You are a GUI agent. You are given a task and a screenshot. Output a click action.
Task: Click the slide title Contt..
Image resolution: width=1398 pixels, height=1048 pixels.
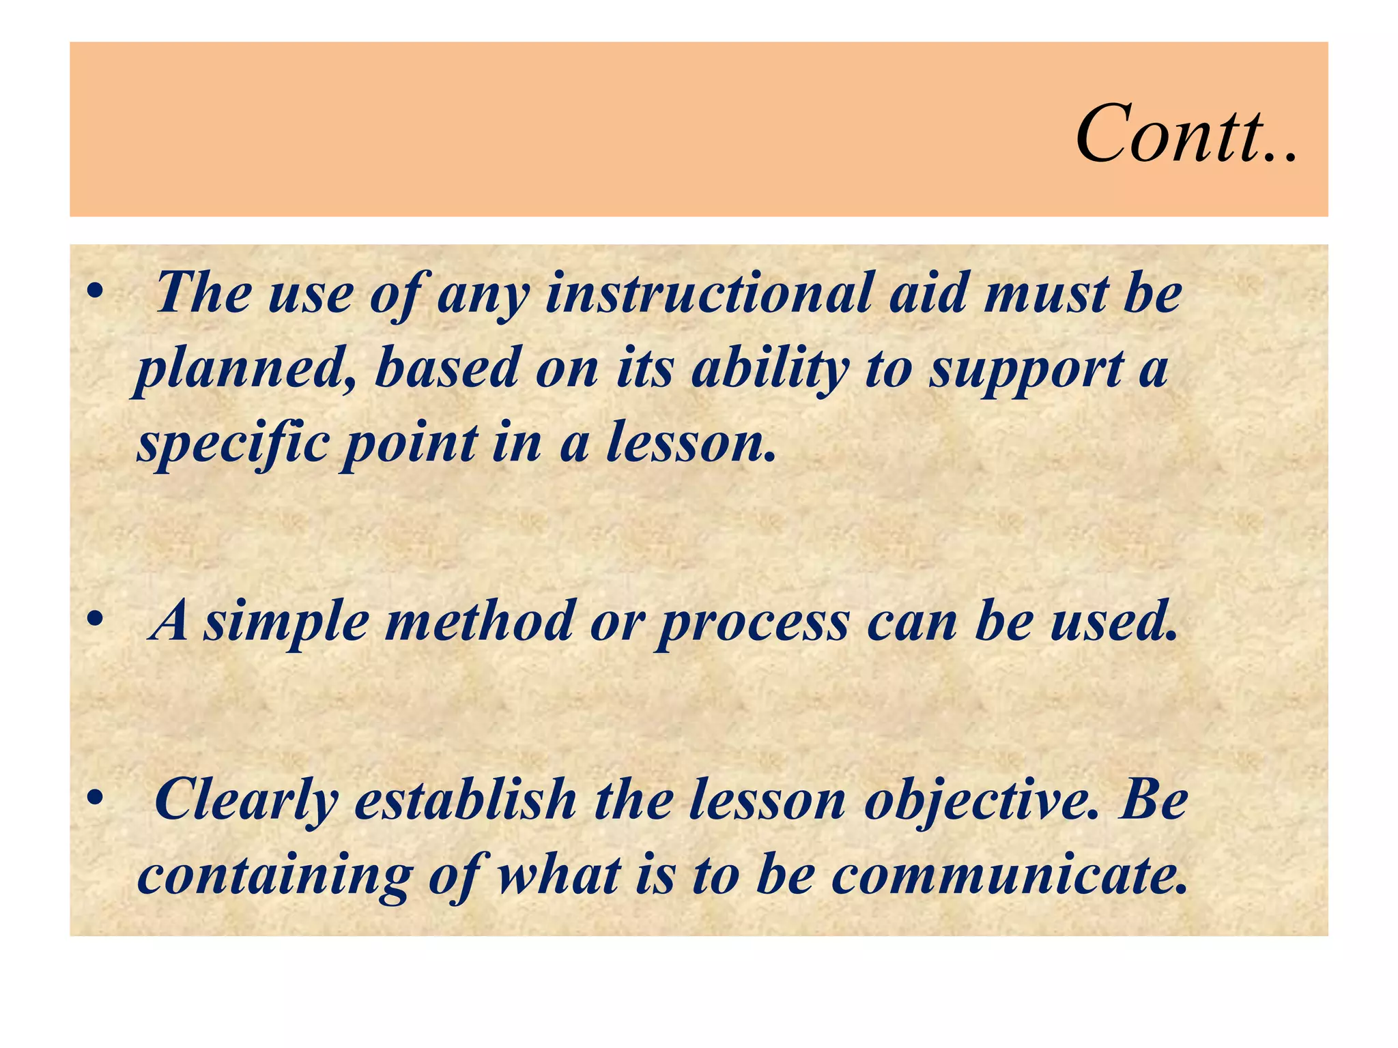coord(1186,134)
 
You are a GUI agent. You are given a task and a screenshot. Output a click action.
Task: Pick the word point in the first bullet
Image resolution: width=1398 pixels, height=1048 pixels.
coord(410,443)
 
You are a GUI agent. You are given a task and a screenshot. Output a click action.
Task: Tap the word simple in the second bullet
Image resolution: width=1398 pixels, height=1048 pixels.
coord(287,624)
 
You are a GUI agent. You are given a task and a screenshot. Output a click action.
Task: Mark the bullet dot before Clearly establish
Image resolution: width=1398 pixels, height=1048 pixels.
coord(95,797)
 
